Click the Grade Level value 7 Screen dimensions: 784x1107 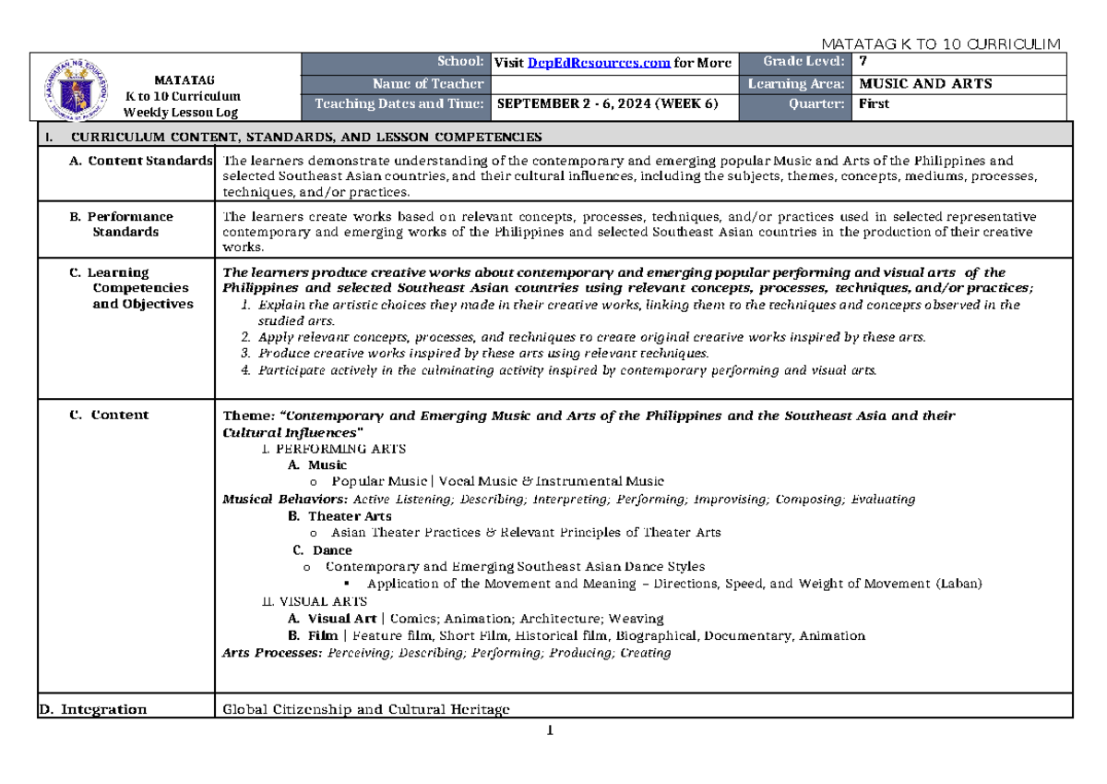click(x=863, y=63)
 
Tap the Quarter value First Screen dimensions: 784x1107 click(x=874, y=103)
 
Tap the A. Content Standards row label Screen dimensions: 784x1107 click(x=141, y=162)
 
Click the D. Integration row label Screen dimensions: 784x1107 click(x=92, y=709)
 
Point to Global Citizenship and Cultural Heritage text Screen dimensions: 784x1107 click(x=366, y=709)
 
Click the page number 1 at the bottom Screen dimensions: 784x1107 click(x=550, y=731)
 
